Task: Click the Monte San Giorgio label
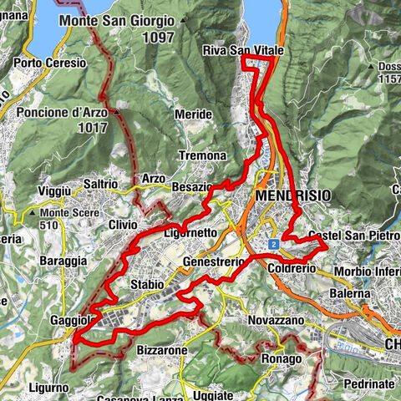117,19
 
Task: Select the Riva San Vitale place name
242,51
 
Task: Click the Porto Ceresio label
49,63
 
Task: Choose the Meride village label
193,114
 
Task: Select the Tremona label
203,156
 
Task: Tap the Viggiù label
55,191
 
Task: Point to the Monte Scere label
59,212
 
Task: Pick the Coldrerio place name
290,269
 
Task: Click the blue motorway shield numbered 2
272,243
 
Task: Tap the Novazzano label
277,321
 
